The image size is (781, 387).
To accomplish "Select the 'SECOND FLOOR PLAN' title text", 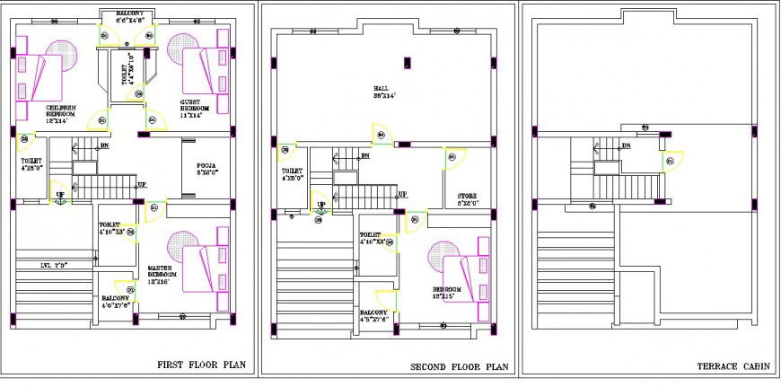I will (x=459, y=366).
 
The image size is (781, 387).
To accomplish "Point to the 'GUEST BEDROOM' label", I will (x=190, y=108).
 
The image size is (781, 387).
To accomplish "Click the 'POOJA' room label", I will (x=206, y=168).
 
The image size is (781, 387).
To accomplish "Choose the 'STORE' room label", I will (x=467, y=198).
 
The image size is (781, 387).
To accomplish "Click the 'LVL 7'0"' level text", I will (x=56, y=266).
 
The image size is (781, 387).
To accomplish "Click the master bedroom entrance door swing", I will (x=154, y=209).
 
